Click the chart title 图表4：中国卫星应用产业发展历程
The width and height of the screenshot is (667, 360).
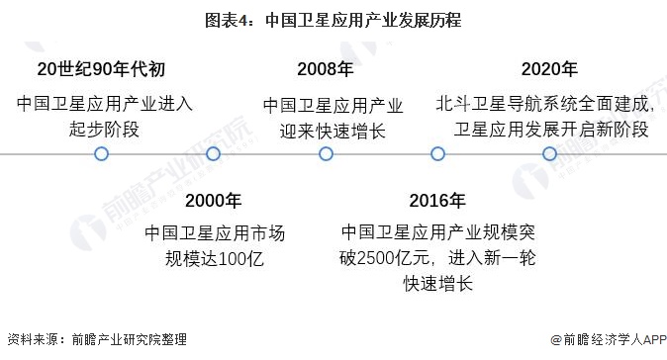click(x=333, y=20)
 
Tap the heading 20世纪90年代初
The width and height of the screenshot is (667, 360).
click(x=101, y=68)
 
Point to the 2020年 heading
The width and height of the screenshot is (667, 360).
click(x=549, y=68)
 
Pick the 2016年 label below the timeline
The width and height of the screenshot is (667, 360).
click(x=437, y=201)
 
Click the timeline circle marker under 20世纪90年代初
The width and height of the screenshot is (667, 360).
click(x=101, y=154)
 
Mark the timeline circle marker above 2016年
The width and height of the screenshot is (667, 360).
click(x=437, y=154)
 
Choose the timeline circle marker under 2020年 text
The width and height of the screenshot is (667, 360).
click(x=549, y=154)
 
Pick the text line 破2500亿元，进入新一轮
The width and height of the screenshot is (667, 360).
click(x=436, y=259)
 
